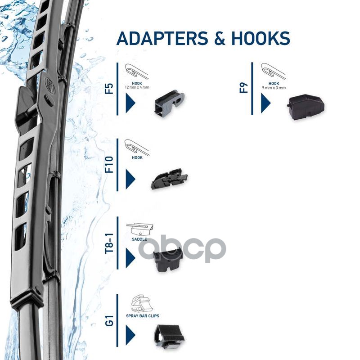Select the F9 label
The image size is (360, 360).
pyautogui.click(x=244, y=86)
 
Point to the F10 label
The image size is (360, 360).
pyautogui.click(x=109, y=165)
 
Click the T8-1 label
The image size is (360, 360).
pyautogui.click(x=109, y=243)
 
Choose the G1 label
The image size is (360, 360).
pyautogui.click(x=109, y=322)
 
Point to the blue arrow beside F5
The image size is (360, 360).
pyautogui.click(x=130, y=103)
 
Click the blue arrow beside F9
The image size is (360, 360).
pyautogui.click(x=265, y=103)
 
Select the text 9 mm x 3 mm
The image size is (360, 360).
pyautogui.click(x=274, y=88)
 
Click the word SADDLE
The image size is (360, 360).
pyautogui.click(x=139, y=239)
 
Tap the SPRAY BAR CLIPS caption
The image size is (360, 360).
pyautogui.click(x=146, y=316)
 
